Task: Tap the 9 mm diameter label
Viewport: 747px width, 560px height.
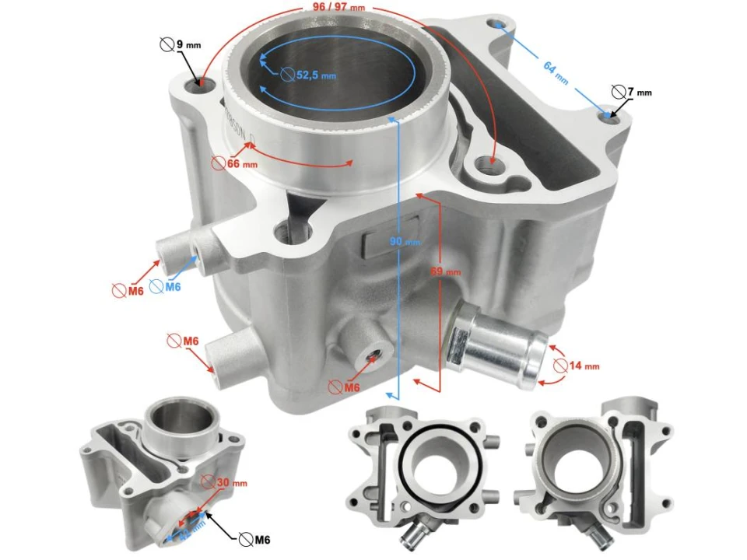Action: click(188, 45)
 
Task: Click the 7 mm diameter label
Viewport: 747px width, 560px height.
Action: click(639, 93)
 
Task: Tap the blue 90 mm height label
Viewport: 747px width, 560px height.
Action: click(399, 242)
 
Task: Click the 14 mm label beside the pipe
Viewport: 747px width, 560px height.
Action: click(583, 366)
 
